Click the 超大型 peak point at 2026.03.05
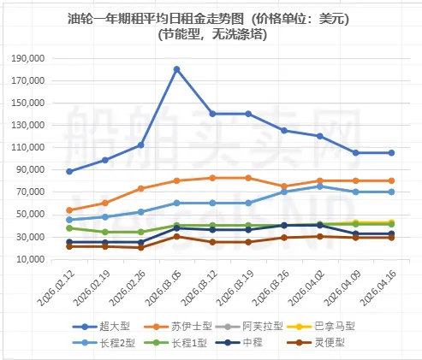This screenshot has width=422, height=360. pos(176,69)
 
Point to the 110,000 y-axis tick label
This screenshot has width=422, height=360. pos(38,147)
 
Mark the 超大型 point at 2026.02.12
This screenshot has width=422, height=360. pos(69,171)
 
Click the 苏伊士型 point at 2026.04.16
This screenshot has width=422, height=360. pos(392,180)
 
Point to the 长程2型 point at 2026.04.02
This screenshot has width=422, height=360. pos(320,186)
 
